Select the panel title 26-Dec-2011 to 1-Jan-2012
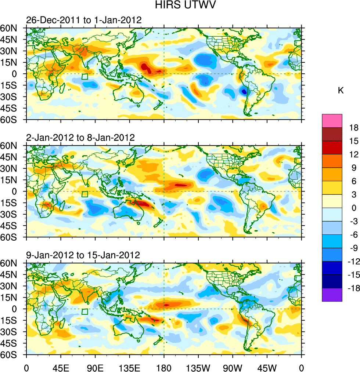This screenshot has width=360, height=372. point(84,20)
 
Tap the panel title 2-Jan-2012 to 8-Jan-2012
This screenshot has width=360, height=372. point(80,138)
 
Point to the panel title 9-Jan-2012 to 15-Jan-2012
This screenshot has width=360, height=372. point(83,255)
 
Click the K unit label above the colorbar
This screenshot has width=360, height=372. point(341,91)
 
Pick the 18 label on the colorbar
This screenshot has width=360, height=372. point(354,128)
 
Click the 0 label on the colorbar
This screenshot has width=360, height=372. point(354,208)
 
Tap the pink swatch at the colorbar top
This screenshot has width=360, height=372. point(332,121)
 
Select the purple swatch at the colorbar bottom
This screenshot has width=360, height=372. point(332,295)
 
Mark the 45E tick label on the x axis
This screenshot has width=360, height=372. point(61,367)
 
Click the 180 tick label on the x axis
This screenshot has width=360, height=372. point(164,367)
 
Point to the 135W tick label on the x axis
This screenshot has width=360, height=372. point(198,367)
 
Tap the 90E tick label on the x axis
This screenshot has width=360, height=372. point(95,367)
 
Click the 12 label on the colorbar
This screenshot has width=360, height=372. point(354,154)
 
